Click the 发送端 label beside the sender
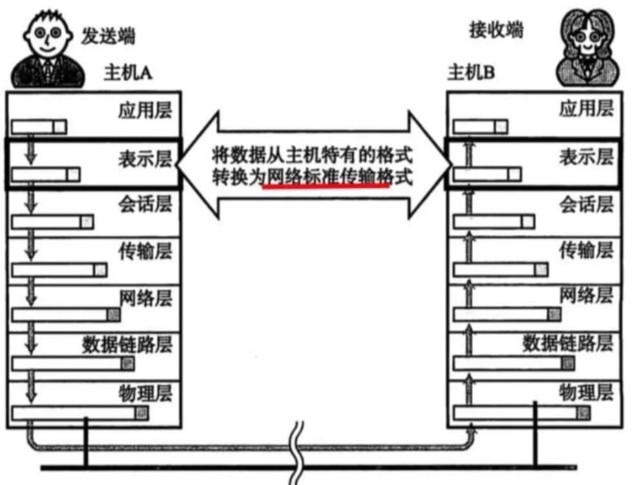click(109, 36)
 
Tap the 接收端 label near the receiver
click(495, 30)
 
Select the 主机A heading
click(128, 72)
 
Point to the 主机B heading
click(472, 72)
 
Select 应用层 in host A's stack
click(145, 110)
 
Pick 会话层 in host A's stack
click(145, 205)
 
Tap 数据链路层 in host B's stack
click(567, 342)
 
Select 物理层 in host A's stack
click(145, 391)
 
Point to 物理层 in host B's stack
click(586, 391)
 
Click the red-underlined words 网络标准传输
click(326, 176)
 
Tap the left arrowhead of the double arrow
click(194, 164)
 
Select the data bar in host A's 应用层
click(39, 127)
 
